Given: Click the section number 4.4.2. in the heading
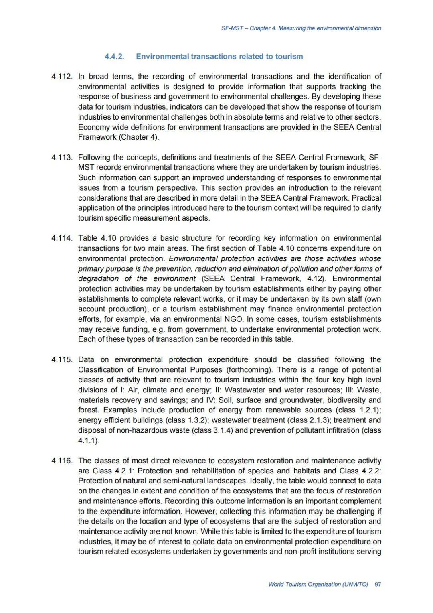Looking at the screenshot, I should pyautogui.click(x=114, y=57).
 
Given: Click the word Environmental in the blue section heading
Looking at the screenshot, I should pyautogui.click(x=162, y=57).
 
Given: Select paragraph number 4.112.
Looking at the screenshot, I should pyautogui.click(x=62, y=77).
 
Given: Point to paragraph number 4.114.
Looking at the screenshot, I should pyautogui.click(x=62, y=238).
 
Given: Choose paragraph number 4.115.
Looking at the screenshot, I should pyautogui.click(x=62, y=359).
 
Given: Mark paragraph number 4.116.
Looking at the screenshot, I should pyautogui.click(x=62, y=461).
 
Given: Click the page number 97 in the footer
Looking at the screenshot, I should pyautogui.click(x=378, y=584).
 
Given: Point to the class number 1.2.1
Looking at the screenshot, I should pyautogui.click(x=366, y=410).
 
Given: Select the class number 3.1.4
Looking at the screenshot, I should pyautogui.click(x=221, y=430).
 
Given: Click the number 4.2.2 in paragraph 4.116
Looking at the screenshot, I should pyautogui.click(x=370, y=471).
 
